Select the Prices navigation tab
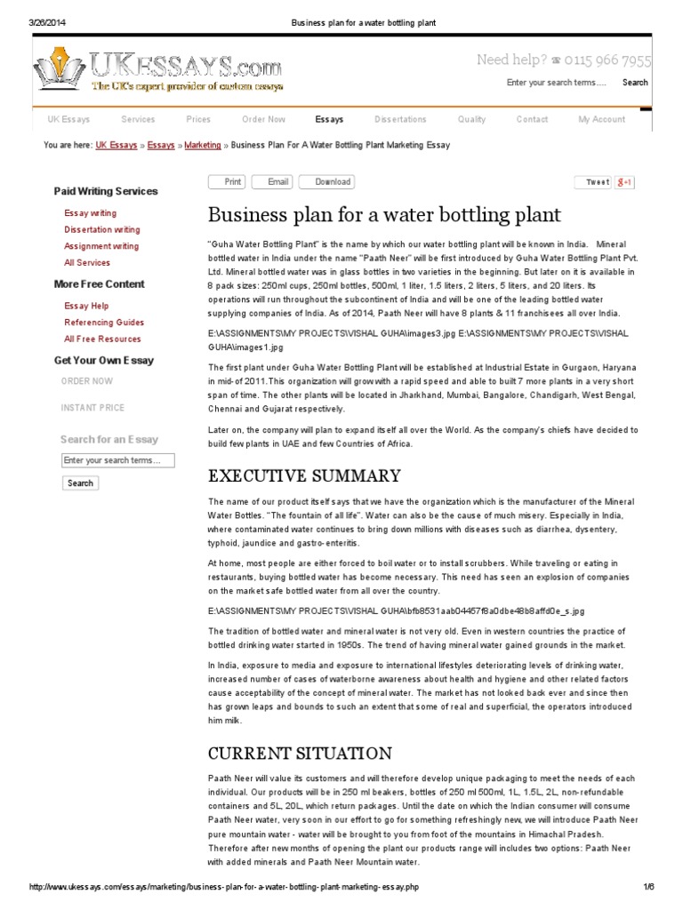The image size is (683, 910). [198, 119]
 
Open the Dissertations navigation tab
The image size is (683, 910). [400, 119]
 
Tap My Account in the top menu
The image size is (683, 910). [601, 119]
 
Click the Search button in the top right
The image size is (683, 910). [635, 83]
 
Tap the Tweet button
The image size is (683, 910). [597, 182]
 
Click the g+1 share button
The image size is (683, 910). [625, 182]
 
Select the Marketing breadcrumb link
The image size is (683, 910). [203, 145]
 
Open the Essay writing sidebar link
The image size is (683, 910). [90, 213]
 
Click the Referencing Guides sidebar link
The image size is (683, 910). [104, 323]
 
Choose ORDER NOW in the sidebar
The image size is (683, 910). [87, 381]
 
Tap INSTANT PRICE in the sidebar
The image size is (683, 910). [92, 408]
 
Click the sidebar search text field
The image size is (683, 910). [117, 460]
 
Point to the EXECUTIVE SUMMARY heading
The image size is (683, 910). [304, 475]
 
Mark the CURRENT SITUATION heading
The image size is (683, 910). [300, 754]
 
